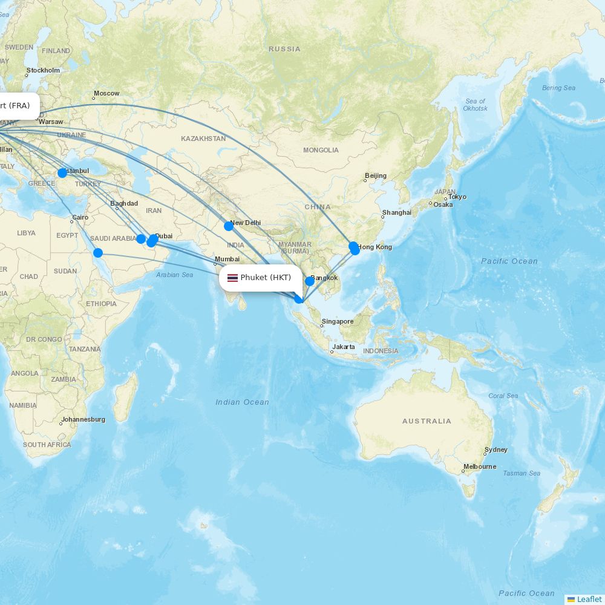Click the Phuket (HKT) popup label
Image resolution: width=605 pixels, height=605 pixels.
265,278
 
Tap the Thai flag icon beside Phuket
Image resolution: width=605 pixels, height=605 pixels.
232,278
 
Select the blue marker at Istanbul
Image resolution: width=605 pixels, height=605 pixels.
62,173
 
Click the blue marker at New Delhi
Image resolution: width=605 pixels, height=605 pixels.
229,226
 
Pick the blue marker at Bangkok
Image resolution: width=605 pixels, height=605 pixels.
310,281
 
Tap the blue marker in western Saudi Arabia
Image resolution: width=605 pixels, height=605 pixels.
98,253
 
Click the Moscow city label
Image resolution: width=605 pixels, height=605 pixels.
106,94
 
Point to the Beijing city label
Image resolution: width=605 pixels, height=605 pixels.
375,176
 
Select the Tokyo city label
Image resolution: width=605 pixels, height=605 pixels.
457,197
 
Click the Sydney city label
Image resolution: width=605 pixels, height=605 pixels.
496,450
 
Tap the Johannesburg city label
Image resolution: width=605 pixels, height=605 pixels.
83,419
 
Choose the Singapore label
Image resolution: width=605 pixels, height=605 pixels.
338,321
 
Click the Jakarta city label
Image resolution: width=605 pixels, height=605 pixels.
344,347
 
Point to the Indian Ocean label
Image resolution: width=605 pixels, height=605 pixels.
242,402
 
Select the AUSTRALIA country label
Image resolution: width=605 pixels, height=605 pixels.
427,421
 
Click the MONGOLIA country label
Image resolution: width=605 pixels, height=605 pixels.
321,150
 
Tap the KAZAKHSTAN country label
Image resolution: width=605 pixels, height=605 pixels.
203,139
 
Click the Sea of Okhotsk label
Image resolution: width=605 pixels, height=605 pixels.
475,105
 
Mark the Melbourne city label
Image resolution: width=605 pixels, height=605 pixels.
480,466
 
